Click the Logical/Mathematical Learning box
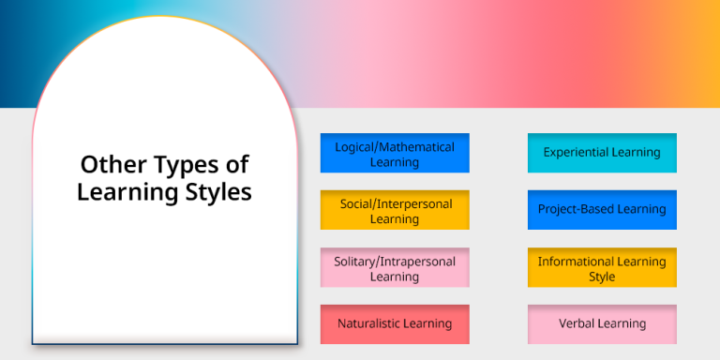click(394, 153)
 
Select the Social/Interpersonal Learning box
click(394, 210)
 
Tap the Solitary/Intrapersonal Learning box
click(394, 267)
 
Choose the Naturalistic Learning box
click(394, 323)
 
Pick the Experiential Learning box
click(602, 153)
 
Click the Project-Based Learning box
click(602, 209)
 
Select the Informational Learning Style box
click(602, 268)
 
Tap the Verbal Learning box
click(602, 323)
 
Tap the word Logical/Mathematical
click(395, 146)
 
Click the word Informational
click(577, 262)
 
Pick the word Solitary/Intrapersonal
click(395, 261)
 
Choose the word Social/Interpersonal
click(395, 203)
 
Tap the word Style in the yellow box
click(602, 277)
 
